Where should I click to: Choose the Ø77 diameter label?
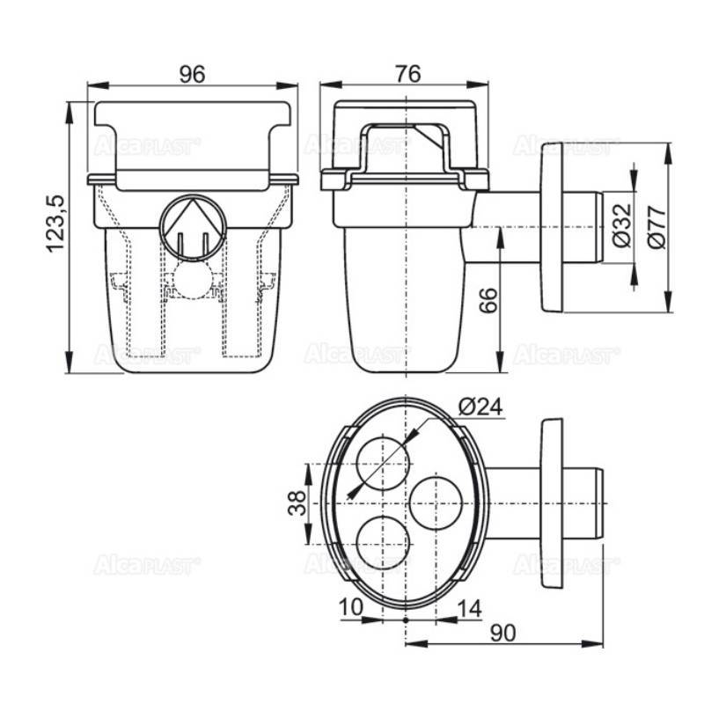[652, 227]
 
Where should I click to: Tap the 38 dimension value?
[297, 503]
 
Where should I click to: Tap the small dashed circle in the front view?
[191, 281]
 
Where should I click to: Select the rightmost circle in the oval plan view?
[437, 503]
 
